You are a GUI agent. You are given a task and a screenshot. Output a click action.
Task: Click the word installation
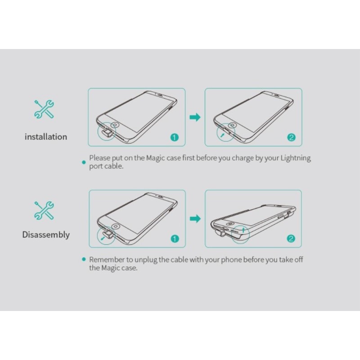click(46, 137)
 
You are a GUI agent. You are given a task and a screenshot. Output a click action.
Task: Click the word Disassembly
click(46, 234)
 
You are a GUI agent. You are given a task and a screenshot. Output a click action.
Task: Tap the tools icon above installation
click(44, 109)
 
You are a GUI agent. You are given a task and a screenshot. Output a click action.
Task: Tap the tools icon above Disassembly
click(44, 210)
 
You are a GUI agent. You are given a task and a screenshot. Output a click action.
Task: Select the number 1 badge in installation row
click(175, 137)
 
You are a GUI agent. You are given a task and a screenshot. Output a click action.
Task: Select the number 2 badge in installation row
click(291, 137)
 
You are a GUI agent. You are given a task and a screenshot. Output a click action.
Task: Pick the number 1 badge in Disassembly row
click(175, 239)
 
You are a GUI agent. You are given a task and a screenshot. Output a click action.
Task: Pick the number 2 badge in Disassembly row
click(291, 239)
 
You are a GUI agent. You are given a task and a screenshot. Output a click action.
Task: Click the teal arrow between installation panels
click(195, 117)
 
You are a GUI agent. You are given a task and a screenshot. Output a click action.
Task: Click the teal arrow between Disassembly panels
click(195, 219)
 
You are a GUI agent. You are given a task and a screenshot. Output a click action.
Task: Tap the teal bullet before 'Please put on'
click(84, 162)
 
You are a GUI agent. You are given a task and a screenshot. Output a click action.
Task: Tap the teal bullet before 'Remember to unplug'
click(84, 260)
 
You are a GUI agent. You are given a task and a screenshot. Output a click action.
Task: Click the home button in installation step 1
click(115, 125)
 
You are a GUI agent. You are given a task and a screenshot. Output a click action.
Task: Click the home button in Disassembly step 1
click(116, 227)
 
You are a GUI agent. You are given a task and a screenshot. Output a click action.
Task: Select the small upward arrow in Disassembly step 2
click(243, 230)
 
